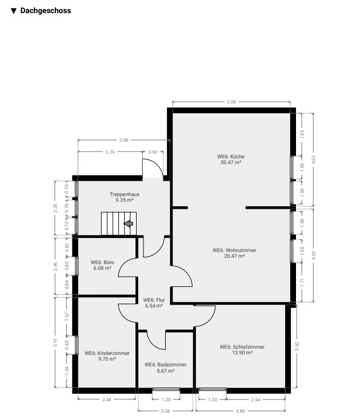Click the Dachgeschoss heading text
[46, 11]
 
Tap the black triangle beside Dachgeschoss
[14, 11]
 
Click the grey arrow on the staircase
[129, 224]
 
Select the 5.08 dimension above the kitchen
[231, 102]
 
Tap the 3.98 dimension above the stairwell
[123, 140]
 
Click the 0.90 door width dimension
[153, 152]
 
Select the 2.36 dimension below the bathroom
[166, 411]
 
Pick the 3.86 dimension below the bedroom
[241, 411]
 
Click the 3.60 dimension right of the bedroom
[297, 346]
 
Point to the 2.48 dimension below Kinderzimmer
[106, 400]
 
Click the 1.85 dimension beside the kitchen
[302, 134]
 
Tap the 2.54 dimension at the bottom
[256, 400]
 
